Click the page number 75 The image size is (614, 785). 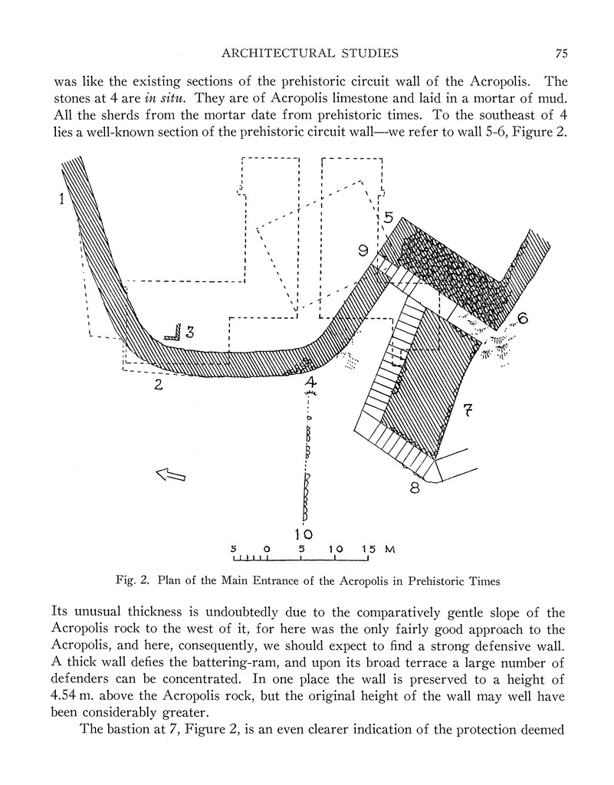[x=562, y=53]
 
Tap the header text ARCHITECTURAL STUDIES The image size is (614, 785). [x=309, y=53]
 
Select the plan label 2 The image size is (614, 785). [x=158, y=385]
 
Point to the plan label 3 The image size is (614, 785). [x=189, y=332]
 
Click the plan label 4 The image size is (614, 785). [x=310, y=381]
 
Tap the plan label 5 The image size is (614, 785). [x=389, y=217]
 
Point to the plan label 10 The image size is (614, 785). [x=304, y=534]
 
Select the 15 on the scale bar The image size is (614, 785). [x=366, y=550]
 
